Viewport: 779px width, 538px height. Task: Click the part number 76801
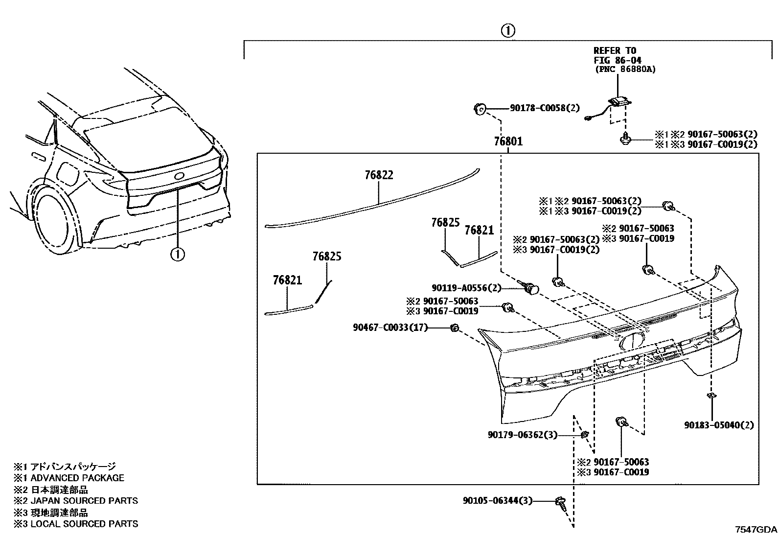508,141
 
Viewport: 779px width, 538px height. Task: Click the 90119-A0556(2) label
467,288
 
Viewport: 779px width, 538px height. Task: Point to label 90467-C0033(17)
390,327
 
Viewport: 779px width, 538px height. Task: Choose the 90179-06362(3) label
522,435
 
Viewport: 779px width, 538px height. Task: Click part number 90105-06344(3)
497,500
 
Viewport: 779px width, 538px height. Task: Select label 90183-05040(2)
719,425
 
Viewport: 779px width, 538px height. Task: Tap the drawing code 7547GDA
756,530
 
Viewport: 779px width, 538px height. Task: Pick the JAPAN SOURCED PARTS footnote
84,501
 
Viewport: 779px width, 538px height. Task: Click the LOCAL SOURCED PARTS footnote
84,524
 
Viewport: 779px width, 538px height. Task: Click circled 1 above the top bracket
507,31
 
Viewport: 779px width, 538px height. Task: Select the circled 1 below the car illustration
178,254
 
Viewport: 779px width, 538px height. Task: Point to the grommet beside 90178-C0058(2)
480,109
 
